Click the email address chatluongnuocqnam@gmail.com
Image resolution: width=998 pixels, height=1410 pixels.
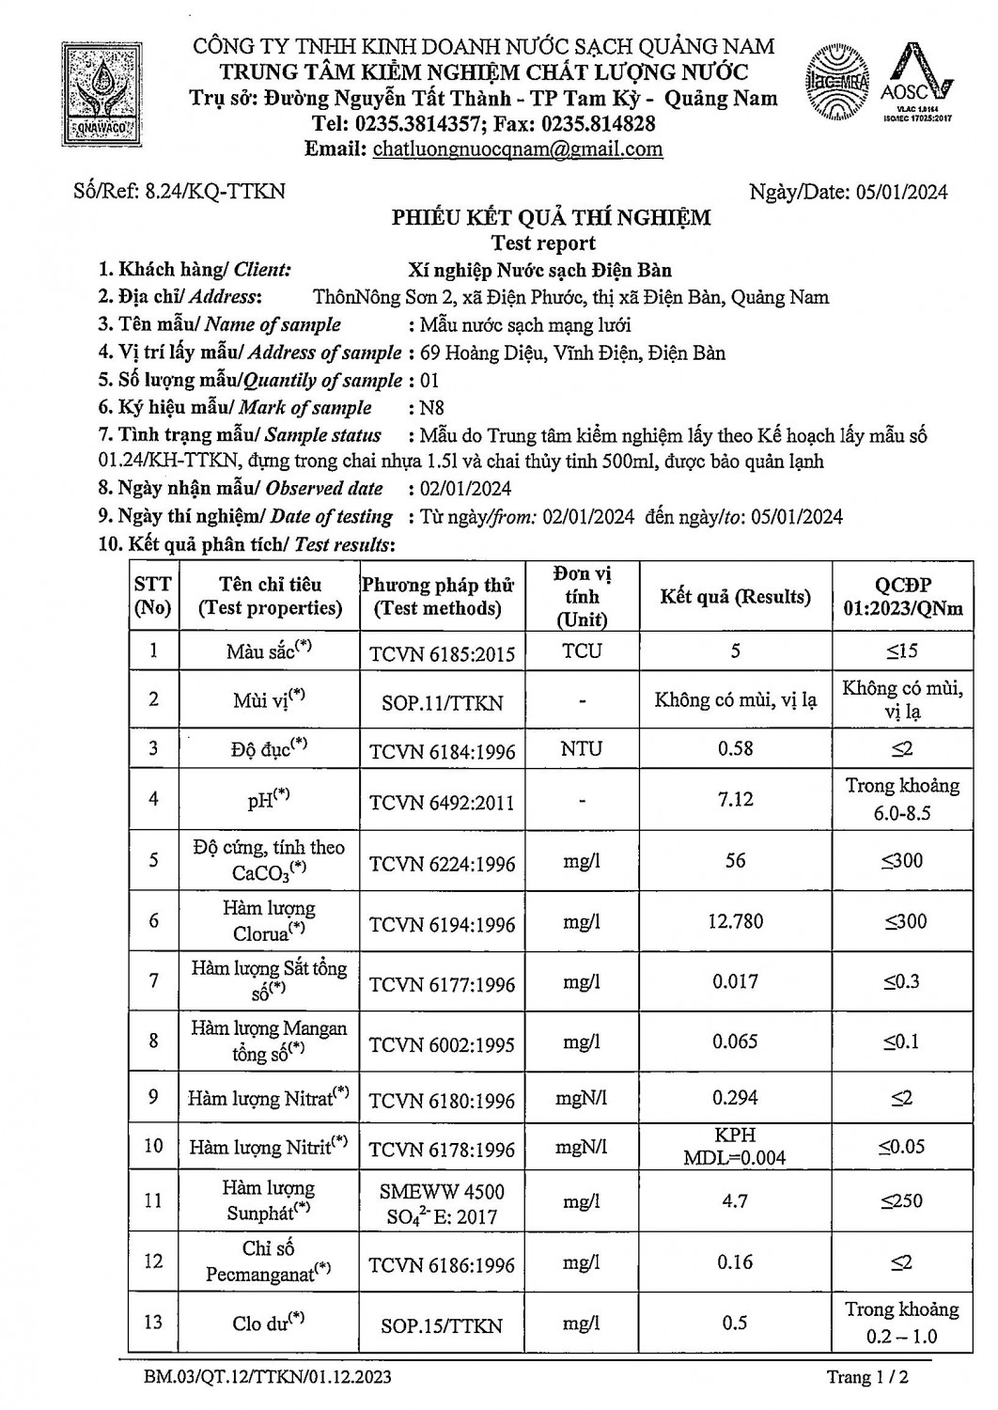(x=518, y=149)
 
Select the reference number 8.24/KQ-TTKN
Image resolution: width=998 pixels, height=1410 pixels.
(x=215, y=192)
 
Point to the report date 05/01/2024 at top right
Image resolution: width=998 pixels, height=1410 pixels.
(x=902, y=192)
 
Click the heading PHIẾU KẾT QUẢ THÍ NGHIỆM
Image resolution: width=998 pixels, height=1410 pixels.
(x=551, y=218)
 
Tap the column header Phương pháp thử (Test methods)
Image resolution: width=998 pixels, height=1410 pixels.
(x=438, y=597)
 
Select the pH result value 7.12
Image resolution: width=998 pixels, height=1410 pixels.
(x=735, y=799)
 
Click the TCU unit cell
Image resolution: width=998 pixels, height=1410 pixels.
(x=583, y=650)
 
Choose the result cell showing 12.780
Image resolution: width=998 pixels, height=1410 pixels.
(x=735, y=921)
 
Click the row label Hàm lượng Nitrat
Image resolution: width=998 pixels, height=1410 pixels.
(x=268, y=1098)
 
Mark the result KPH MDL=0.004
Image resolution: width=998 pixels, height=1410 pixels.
(x=735, y=1146)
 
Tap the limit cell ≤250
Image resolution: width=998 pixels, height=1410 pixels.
(x=901, y=1200)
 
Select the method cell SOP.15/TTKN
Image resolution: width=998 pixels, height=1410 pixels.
(x=442, y=1325)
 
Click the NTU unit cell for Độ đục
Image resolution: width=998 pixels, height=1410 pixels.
(x=583, y=749)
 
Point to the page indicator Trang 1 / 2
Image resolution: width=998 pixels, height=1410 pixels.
(x=866, y=1378)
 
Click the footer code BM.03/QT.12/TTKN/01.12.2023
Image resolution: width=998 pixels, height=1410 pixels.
(x=268, y=1378)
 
